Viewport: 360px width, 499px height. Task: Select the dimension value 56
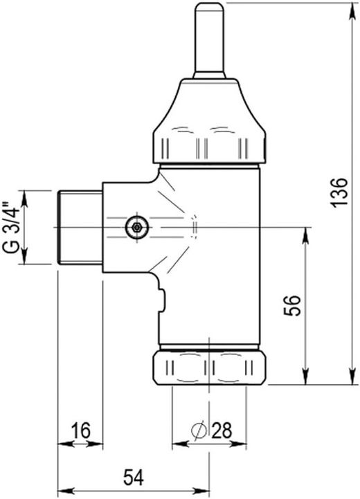[292, 305]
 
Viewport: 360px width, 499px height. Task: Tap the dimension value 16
[80, 430]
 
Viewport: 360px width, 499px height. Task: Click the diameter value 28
[222, 430]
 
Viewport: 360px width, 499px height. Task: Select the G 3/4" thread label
[12, 227]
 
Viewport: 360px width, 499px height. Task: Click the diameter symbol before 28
[199, 430]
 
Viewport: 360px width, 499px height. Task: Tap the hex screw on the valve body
[137, 227]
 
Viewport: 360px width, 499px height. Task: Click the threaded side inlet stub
[80, 228]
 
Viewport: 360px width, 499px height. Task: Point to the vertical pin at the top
[209, 40]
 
